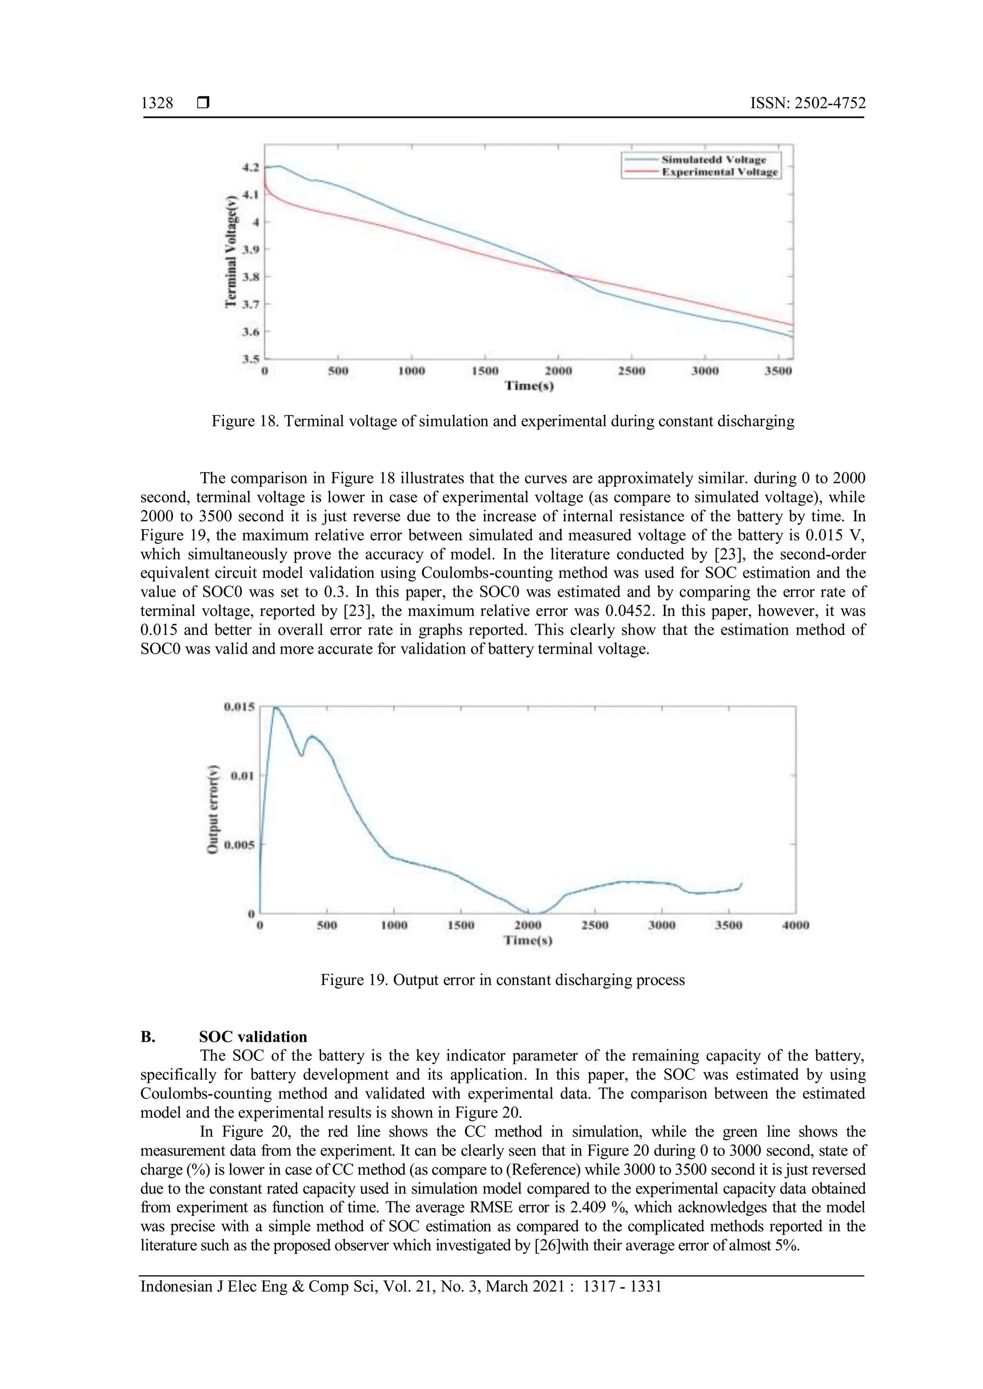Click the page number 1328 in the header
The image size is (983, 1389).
pos(157,104)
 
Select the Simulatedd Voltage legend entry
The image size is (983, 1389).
pos(713,160)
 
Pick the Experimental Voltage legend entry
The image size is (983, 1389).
pos(719,172)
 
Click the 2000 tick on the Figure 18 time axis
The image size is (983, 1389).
pos(558,371)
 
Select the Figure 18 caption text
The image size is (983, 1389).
pos(503,421)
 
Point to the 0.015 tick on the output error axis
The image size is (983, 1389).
pos(239,706)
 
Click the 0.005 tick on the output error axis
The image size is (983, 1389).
pos(239,845)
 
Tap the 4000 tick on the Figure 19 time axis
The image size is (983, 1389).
pos(795,925)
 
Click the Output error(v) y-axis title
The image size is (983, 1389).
pos(213,810)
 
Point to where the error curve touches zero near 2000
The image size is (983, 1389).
pos(533,913)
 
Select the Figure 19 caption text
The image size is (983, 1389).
pos(503,980)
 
